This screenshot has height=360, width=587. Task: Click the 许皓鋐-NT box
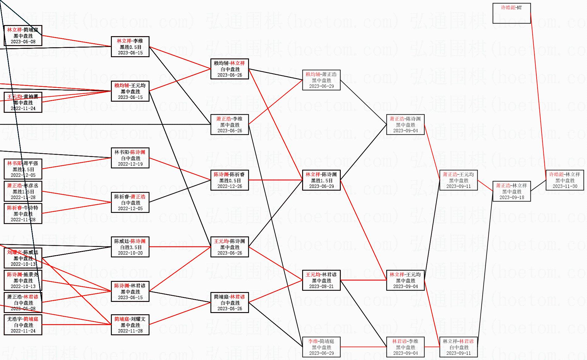[x=511, y=13]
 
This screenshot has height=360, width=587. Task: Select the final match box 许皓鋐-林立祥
[x=565, y=180]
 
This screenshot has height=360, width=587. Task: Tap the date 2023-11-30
[x=565, y=186]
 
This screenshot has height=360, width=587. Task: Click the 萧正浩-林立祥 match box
[x=511, y=191]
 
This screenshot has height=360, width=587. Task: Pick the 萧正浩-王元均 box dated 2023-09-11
[x=458, y=180]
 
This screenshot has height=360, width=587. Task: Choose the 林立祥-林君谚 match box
[x=458, y=347]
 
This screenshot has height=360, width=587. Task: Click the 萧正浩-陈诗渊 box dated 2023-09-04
[x=405, y=125]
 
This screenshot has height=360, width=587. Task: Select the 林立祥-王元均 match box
[x=405, y=280]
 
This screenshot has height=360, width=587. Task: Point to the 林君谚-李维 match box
[x=405, y=347]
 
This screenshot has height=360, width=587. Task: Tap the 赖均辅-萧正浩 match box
[x=321, y=80]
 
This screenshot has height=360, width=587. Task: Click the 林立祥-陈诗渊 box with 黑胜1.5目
[x=321, y=180]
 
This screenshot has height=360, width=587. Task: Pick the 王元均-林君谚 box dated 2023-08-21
[x=321, y=280]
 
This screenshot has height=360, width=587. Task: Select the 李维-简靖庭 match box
[x=321, y=347]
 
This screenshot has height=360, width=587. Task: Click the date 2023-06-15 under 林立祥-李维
[x=130, y=53]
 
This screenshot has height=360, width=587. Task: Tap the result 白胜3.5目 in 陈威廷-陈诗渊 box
[x=130, y=247]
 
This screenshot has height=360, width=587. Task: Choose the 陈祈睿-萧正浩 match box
[x=130, y=202]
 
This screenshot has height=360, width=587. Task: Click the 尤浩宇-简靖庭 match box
[x=23, y=325]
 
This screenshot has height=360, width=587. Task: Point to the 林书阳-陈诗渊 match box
[x=130, y=158]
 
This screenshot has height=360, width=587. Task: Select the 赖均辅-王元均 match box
[x=130, y=91]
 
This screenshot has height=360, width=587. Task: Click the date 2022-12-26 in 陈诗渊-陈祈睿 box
[x=230, y=186]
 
